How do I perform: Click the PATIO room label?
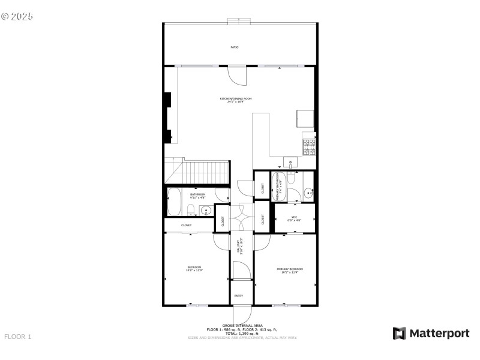[x=235, y=47]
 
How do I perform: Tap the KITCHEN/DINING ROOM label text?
[x=235, y=98]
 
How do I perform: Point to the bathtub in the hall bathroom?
[x=175, y=203]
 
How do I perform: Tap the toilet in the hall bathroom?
[x=190, y=209]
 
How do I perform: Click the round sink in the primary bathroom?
[x=307, y=193]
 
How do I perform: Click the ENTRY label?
[x=239, y=296]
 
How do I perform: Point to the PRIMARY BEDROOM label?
[x=289, y=269]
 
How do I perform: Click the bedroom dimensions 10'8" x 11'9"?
[x=194, y=271]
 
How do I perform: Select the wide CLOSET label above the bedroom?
[x=187, y=225]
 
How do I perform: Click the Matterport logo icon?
[x=399, y=334]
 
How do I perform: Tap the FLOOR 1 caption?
[x=18, y=337]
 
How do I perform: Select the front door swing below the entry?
[x=242, y=314]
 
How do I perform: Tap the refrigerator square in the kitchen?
[x=305, y=120]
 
